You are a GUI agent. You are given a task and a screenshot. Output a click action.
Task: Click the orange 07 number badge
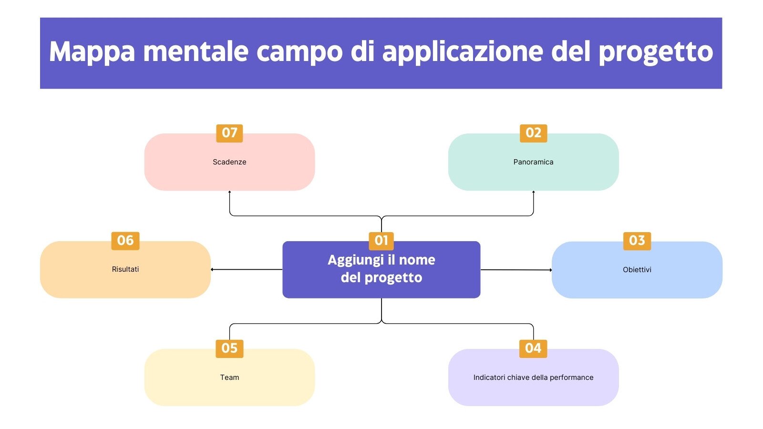229,133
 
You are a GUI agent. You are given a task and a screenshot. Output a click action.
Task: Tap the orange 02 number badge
533,133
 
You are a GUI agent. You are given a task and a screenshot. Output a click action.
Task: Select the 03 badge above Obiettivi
637,241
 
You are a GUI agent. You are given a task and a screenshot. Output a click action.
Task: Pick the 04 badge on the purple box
533,348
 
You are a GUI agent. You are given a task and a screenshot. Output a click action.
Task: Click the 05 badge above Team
229,348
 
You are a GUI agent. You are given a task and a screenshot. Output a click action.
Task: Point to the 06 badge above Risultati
125,241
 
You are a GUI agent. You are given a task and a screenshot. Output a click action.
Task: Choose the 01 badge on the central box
381,241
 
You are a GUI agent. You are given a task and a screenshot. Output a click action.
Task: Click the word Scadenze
229,162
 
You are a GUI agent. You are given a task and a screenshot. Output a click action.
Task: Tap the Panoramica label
533,162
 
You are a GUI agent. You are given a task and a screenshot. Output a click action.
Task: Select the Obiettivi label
637,270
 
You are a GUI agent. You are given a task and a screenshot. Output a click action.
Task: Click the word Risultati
125,269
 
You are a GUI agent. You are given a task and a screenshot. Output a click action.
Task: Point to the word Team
229,378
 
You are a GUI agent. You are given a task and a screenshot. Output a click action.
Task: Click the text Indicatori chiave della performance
533,378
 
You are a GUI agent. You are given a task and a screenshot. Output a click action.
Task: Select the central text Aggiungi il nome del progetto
381,269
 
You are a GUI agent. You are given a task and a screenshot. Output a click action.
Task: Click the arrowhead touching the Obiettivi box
550,270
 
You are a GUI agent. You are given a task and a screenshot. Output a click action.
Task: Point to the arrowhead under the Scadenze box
229,193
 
